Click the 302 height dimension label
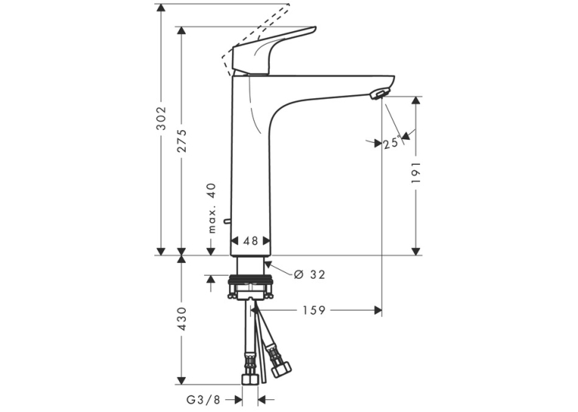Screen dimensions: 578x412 pyautogui.click(x=161, y=118)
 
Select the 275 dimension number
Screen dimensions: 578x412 pyautogui.click(x=181, y=141)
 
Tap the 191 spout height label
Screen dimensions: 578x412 pyautogui.click(x=416, y=172)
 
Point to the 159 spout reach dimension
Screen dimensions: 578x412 pyautogui.click(x=314, y=311)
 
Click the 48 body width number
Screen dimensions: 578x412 pyautogui.click(x=251, y=241)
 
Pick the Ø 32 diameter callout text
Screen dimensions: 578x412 pyautogui.click(x=310, y=274)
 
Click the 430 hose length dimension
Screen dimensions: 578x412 pyautogui.click(x=181, y=319)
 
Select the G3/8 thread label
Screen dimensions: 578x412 pyautogui.click(x=203, y=399)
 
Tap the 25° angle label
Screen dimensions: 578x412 pyautogui.click(x=391, y=142)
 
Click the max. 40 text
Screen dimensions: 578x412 pyautogui.click(x=212, y=209)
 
